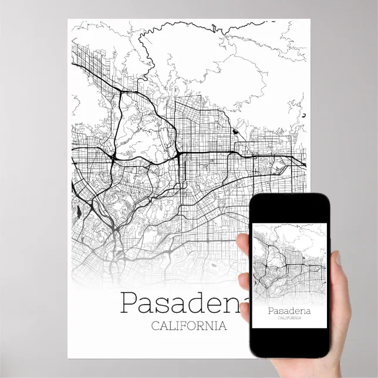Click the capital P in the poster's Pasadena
(130, 303)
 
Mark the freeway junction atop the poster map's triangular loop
(121, 93)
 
